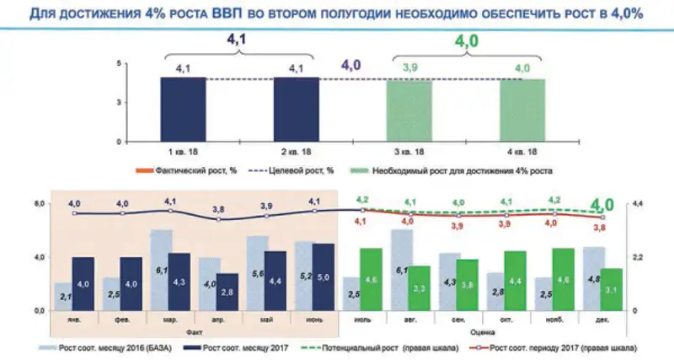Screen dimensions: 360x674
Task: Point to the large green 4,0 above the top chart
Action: (x=466, y=40)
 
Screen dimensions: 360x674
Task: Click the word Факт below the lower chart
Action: (x=195, y=332)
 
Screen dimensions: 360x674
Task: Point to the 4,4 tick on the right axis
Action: (x=637, y=204)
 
